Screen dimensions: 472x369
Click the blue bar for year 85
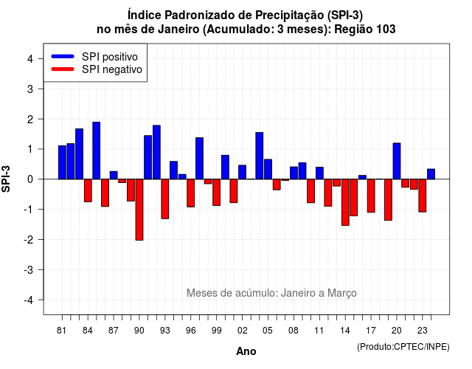(x=97, y=151)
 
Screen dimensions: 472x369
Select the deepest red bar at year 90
(x=139, y=210)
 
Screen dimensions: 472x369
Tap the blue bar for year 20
(x=397, y=161)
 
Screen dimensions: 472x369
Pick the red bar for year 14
(x=345, y=202)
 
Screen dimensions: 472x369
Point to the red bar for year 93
(x=165, y=199)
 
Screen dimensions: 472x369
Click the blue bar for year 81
(x=62, y=162)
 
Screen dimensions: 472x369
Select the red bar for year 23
(x=423, y=196)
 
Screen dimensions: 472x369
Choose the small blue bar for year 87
(x=114, y=176)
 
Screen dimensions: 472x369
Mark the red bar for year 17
(x=371, y=196)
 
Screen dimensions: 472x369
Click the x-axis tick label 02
(x=243, y=331)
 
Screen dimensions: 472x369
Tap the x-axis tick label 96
(x=191, y=331)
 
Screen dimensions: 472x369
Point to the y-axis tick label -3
(x=29, y=270)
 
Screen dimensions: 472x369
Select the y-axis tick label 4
(x=30, y=59)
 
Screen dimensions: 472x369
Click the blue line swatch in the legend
(x=63, y=56)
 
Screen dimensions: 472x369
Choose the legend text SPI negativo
(x=112, y=69)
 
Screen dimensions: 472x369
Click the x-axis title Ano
(x=246, y=351)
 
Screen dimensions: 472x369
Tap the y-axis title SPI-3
(x=6, y=179)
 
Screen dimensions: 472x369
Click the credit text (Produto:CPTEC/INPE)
(x=403, y=347)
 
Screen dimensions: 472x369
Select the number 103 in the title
(x=386, y=30)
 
